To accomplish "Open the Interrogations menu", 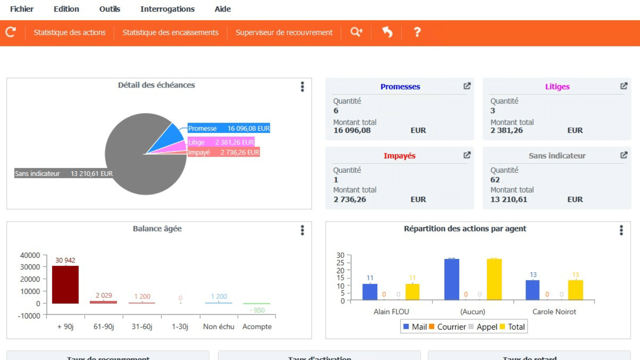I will pos(167,9).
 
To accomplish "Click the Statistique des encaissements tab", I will pos(170,32).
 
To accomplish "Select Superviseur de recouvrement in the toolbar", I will pos(284,32).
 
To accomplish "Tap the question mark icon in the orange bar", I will pos(417,32).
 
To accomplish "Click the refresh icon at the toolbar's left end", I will pos(11,32).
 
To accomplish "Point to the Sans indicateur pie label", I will pos(64,174).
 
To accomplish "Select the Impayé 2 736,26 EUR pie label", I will pos(224,152).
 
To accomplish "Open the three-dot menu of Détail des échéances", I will pos(302,87).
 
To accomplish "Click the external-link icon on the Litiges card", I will pos(624,86).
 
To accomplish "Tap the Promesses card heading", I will pos(400,87).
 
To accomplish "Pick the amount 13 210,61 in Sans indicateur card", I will pos(509,199).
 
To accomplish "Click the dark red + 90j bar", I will pos(65,284).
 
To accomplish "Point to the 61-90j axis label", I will pos(104,327).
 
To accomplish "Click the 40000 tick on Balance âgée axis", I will pos(30,255).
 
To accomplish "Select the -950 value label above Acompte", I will pos(257,310).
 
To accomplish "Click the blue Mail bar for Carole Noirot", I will pos(532,290).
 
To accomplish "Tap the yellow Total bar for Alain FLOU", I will pos(412,292).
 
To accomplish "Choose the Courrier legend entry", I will pos(448,327).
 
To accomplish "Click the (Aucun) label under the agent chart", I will pos(472,312).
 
